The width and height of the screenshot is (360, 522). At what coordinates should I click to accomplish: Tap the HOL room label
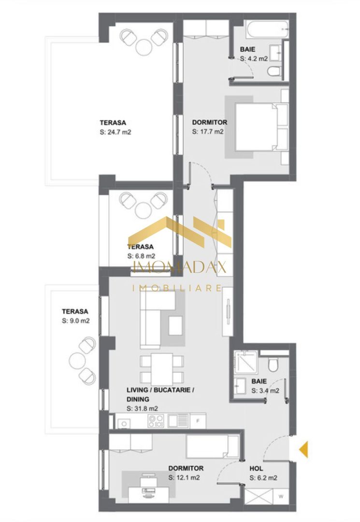[256, 468]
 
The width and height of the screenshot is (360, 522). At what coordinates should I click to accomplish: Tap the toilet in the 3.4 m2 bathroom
[273, 364]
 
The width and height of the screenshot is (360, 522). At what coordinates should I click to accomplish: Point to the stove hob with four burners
[155, 421]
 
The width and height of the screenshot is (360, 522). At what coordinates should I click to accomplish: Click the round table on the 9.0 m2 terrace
[77, 360]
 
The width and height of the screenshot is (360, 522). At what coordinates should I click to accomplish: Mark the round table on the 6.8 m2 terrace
[144, 209]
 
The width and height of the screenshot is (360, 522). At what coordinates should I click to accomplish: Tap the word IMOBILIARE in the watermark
[177, 288]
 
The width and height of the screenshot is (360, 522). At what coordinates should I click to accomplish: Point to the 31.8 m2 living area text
[142, 408]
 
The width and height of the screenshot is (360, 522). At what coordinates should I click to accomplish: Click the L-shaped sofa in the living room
[155, 319]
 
